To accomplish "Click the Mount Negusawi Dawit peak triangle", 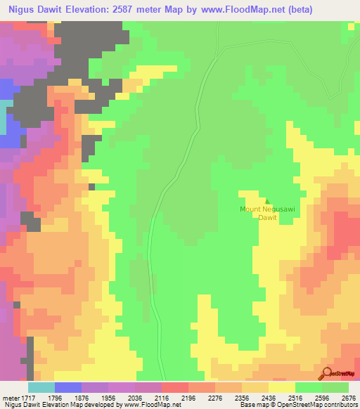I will [x=267, y=202].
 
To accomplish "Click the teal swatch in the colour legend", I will [x=41, y=387].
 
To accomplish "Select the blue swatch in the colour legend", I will [x=67, y=387].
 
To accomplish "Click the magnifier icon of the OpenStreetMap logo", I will [x=326, y=372].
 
